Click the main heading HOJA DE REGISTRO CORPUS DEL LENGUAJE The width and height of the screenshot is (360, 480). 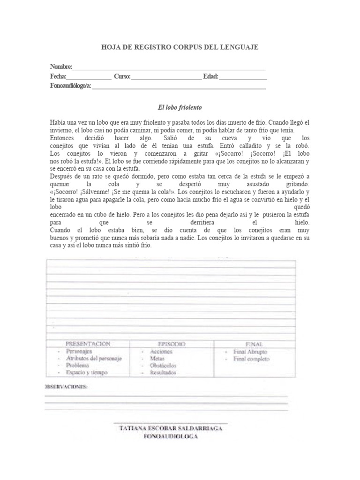[180, 47]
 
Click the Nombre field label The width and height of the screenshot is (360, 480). [61, 67]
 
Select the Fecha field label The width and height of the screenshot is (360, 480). [58, 76]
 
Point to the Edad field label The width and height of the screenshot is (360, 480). [210, 76]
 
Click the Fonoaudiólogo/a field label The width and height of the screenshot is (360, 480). [71, 86]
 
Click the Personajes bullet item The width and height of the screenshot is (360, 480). [79, 351]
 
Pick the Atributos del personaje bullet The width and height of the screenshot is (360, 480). [94, 358]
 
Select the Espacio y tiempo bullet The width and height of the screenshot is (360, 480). [87, 372]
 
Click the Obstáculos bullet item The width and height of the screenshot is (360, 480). [163, 365]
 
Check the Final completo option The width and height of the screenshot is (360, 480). [252, 359]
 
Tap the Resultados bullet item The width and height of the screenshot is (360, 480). [163, 372]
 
